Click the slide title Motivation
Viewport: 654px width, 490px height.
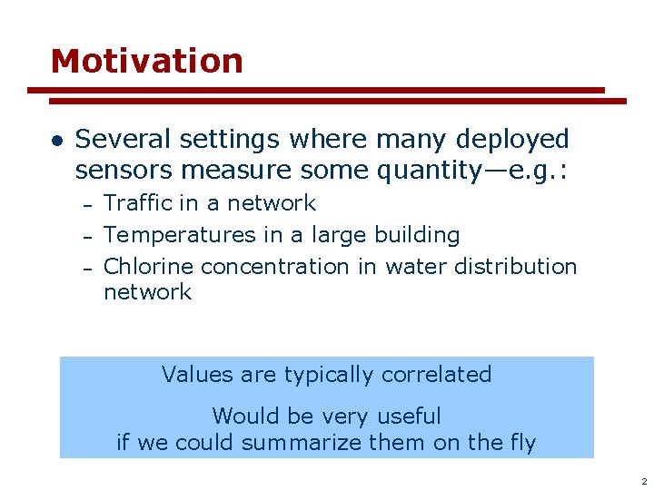click(x=147, y=62)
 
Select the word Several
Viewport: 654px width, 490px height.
click(x=124, y=140)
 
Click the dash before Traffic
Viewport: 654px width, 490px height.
click(x=87, y=204)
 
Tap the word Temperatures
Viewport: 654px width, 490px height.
click(x=180, y=235)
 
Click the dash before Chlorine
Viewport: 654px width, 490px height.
click(x=87, y=268)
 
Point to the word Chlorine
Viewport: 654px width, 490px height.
click(x=148, y=267)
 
